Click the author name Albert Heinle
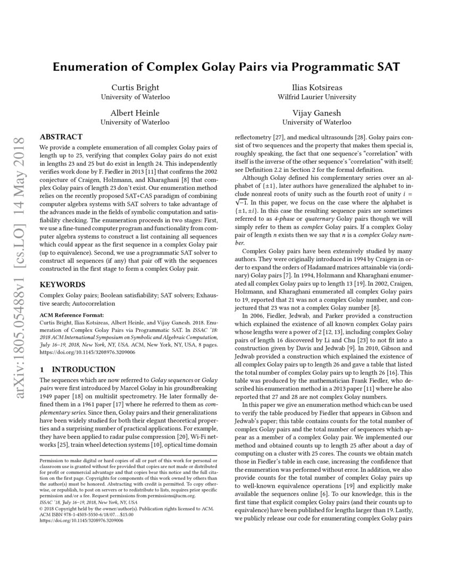(x=135, y=113)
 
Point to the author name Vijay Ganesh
(x=317, y=113)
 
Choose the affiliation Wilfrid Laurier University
(x=317, y=97)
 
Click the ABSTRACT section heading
(x=61, y=137)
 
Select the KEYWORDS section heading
(x=62, y=285)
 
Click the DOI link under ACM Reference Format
(x=82, y=352)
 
